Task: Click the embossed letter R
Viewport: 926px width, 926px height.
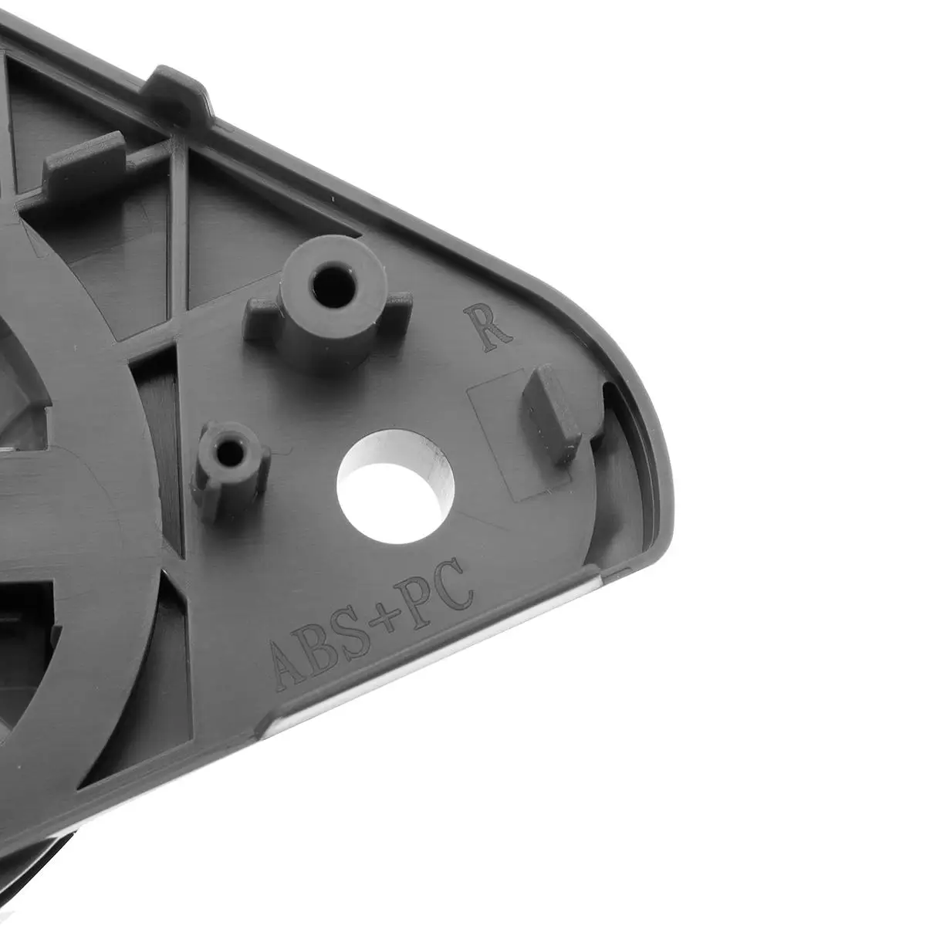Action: pyautogui.click(x=486, y=328)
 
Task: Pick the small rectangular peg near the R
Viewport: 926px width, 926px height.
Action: pyautogui.click(x=552, y=414)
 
